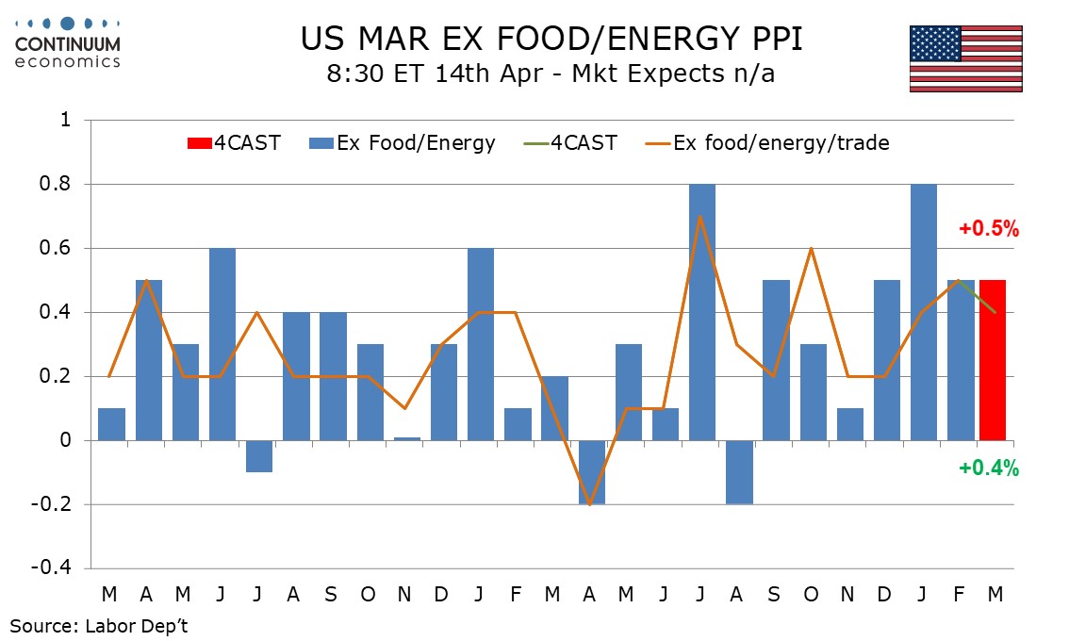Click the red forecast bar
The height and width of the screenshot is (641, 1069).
[x=994, y=360]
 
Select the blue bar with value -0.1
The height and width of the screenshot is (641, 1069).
[x=259, y=456]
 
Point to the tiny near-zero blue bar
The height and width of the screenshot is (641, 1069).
[x=407, y=438]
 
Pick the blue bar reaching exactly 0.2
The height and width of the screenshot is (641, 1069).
[x=555, y=408]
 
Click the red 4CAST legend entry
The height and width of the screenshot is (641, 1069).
[x=233, y=143]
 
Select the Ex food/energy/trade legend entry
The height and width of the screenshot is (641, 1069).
[x=767, y=143]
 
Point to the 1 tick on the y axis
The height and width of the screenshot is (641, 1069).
[x=65, y=121]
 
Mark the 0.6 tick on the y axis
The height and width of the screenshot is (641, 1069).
[x=58, y=249]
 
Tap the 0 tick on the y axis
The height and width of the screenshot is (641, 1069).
[x=65, y=440]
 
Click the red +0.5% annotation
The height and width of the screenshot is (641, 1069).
[x=989, y=229]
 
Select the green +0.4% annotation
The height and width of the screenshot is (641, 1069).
[x=989, y=468]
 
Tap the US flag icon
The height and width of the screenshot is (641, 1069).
[x=965, y=58]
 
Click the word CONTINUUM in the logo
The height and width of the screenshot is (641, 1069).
[x=68, y=43]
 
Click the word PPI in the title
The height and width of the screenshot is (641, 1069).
[x=765, y=40]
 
